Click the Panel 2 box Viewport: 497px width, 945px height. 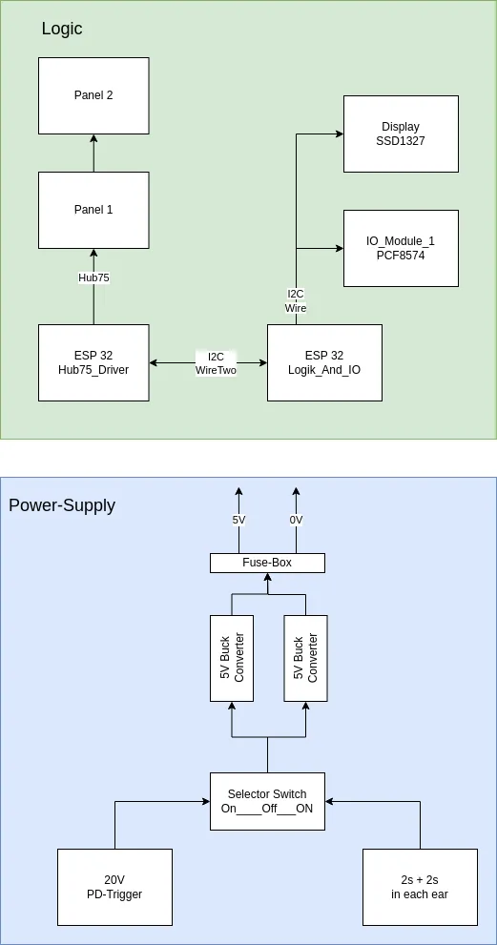[x=93, y=95]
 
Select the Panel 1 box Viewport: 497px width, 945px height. [x=93, y=210]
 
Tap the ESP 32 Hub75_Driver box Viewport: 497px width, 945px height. [x=93, y=362]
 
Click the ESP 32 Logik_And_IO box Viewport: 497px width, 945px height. [x=324, y=362]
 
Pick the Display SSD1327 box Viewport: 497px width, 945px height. [x=401, y=134]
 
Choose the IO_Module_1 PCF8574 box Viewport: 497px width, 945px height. [x=401, y=248]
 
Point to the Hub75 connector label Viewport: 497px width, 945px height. [x=93, y=277]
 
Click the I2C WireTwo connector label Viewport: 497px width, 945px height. [x=216, y=363]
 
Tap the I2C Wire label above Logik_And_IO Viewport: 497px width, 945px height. [x=296, y=301]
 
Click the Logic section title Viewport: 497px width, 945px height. [x=62, y=29]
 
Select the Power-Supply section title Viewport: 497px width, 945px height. [x=62, y=505]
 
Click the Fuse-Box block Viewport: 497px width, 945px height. [x=267, y=563]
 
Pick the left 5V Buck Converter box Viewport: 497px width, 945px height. [x=232, y=658]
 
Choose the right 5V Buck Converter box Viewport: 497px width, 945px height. [x=305, y=658]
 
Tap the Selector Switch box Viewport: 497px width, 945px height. [x=267, y=801]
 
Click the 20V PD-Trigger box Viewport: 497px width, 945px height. [x=114, y=887]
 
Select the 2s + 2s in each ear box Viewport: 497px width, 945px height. [x=420, y=887]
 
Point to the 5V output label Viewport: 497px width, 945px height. [x=238, y=521]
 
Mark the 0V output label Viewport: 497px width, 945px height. [x=296, y=521]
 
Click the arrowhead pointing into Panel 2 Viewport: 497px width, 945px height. [x=93, y=139]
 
